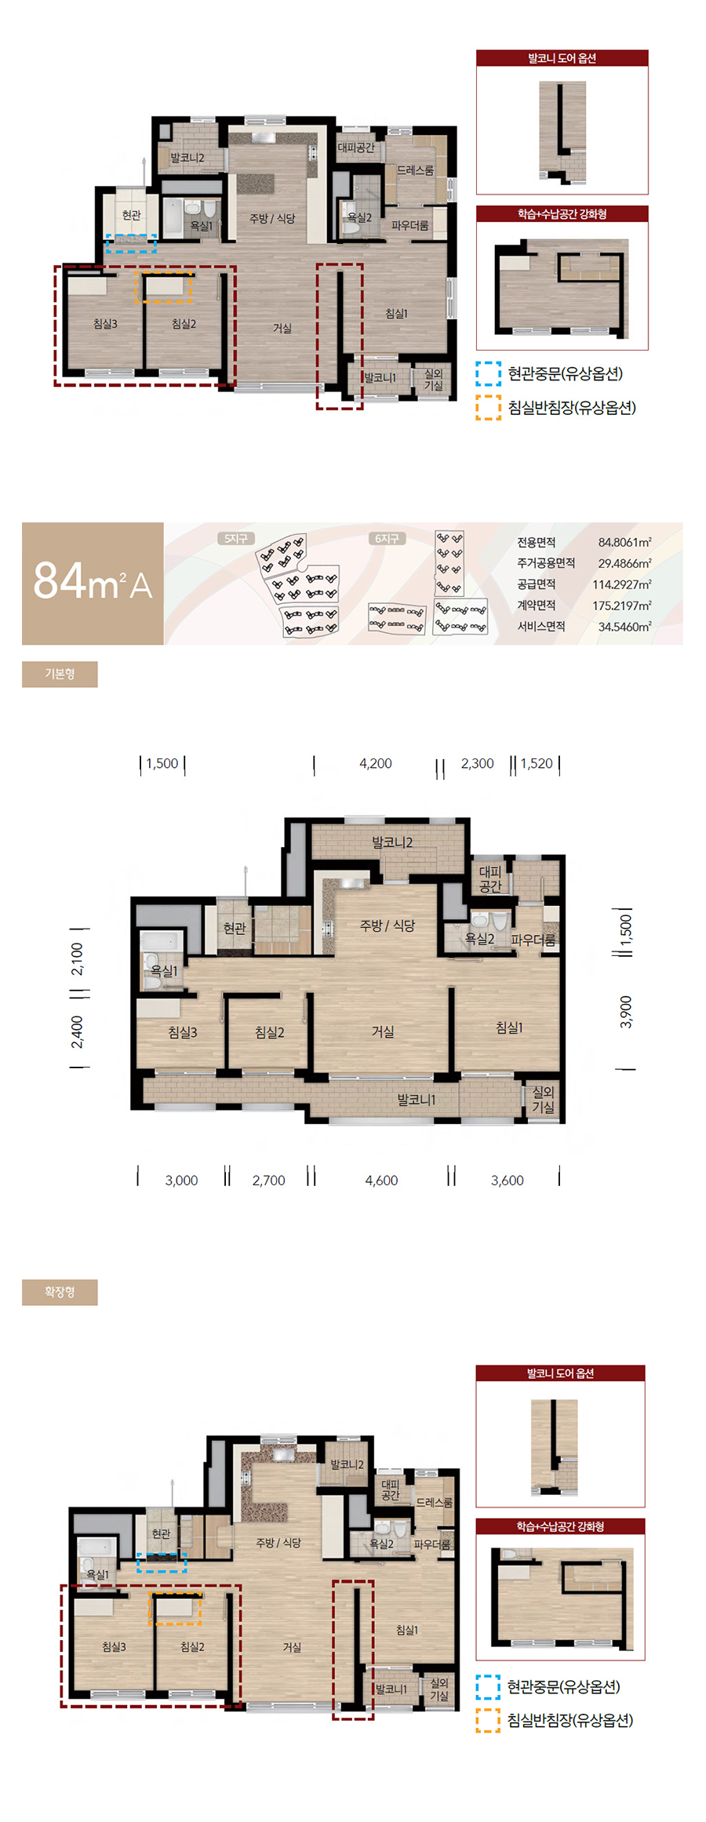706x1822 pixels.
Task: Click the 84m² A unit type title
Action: point(93,582)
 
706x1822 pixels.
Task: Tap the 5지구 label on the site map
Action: point(236,539)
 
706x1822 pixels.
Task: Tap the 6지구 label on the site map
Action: point(387,539)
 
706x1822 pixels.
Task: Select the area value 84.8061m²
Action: point(624,542)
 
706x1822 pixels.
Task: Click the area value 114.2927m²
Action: point(622,584)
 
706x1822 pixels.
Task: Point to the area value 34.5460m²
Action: point(624,627)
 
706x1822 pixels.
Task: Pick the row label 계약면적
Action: point(537,606)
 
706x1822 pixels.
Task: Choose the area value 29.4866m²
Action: point(624,563)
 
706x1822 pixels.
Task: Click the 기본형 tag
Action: point(60,674)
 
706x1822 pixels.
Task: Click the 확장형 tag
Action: point(60,1292)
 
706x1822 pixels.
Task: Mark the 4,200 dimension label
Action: point(376,763)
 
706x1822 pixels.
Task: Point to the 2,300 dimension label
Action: point(477,763)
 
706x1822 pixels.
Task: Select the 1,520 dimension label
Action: point(537,763)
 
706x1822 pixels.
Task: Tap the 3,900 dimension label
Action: point(625,1012)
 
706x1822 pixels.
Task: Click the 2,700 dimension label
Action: point(268,1180)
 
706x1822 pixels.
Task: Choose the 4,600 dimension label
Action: point(381,1180)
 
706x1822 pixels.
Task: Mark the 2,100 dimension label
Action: point(77,958)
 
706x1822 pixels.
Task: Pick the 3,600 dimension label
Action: point(507,1180)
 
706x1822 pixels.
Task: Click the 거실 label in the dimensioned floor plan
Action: point(383,1032)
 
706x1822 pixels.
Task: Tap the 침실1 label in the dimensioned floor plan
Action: point(509,1027)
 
